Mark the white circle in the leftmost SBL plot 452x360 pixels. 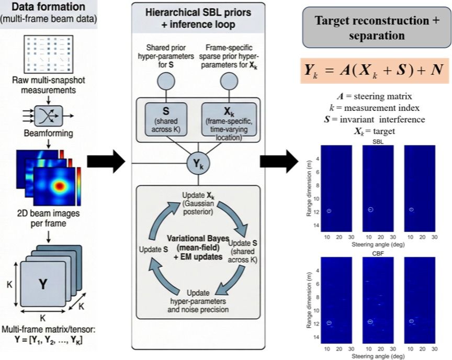pos(329,211)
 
